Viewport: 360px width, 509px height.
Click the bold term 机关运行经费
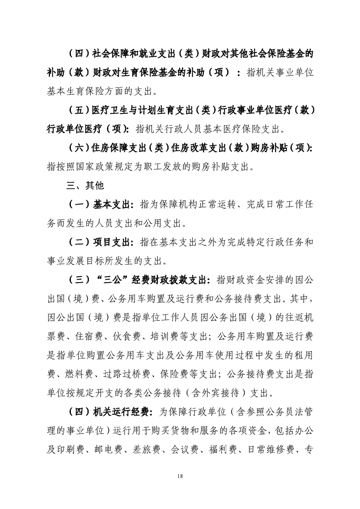(x=122, y=411)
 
